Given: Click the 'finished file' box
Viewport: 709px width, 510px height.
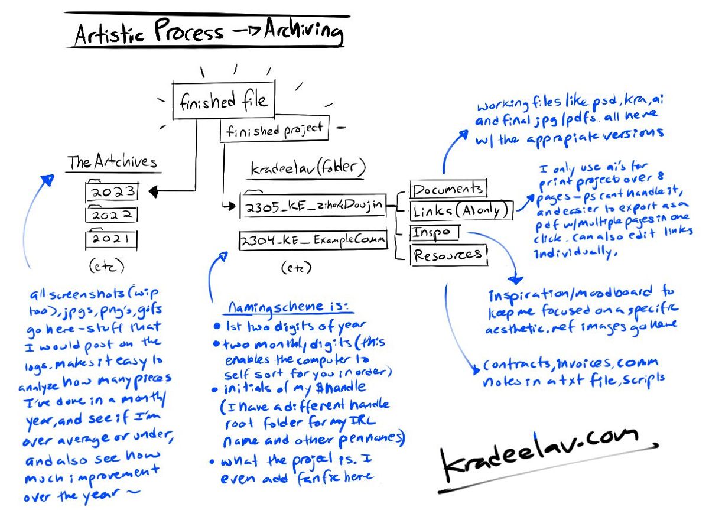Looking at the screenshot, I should [223, 101].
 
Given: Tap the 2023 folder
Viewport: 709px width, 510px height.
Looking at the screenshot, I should [112, 191].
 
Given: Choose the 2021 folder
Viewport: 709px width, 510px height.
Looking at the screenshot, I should [112, 239].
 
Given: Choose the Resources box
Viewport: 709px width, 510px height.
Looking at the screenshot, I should [448, 255].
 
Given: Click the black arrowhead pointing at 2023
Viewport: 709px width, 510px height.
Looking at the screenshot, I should [153, 191].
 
